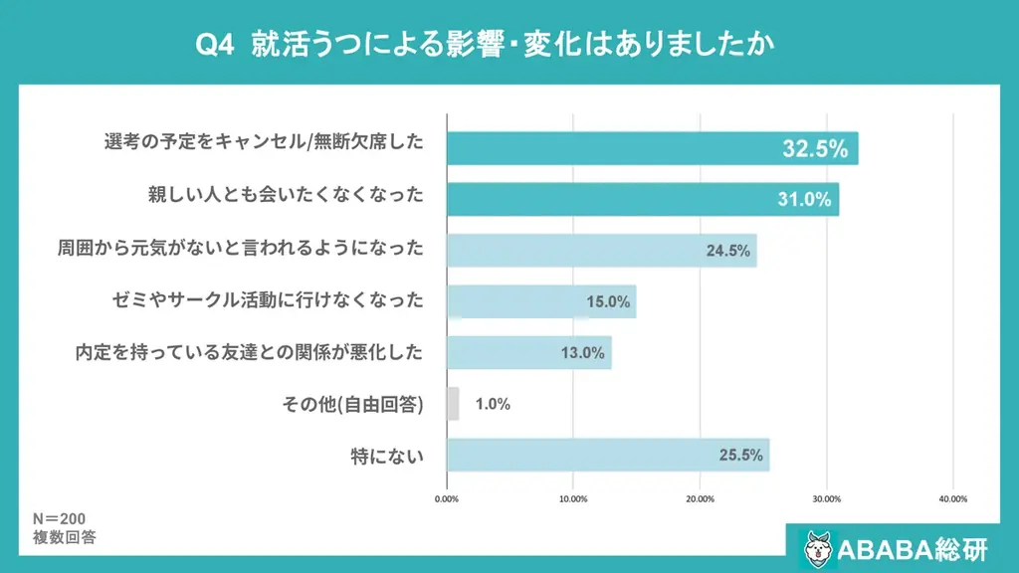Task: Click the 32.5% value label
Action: click(815, 150)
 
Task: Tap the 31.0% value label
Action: click(804, 200)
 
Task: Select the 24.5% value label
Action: click(727, 251)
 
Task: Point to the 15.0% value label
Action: click(607, 302)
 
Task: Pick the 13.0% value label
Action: click(582, 353)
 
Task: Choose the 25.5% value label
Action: click(740, 456)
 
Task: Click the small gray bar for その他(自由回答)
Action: click(453, 404)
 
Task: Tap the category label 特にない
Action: click(387, 457)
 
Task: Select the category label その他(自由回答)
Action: click(353, 405)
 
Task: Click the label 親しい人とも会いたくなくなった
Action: click(286, 196)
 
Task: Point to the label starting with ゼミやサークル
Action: click(268, 299)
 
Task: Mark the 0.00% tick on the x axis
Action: click(447, 499)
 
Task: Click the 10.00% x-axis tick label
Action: click(573, 499)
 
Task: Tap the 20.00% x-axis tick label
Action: click(700, 499)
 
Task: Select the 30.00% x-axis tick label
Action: click(827, 499)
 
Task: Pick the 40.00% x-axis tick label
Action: click(952, 499)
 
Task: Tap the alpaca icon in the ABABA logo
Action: click(818, 547)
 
